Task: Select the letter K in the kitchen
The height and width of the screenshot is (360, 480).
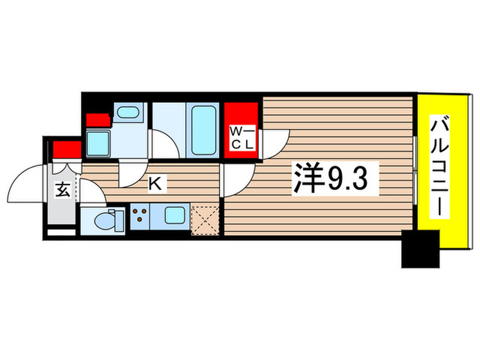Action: tap(156, 183)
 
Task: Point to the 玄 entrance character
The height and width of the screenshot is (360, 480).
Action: tap(62, 190)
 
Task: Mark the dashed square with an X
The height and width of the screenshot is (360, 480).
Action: tap(205, 219)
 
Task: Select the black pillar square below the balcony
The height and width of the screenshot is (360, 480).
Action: tap(420, 249)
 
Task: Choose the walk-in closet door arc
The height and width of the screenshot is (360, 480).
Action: tap(274, 142)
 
